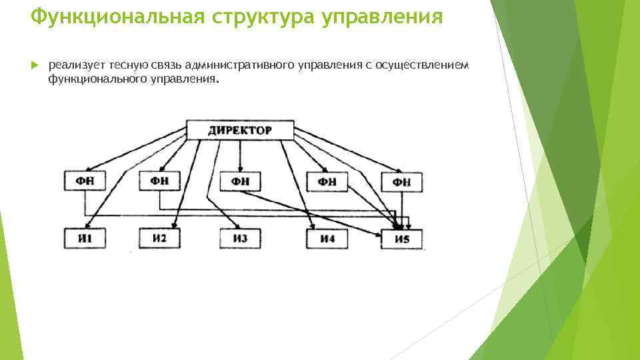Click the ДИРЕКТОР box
point(240,130)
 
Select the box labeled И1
point(84,238)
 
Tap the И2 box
point(159,238)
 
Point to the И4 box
point(326,238)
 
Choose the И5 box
point(402,239)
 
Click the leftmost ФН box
point(84,180)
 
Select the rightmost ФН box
point(402,181)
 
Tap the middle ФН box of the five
point(241,181)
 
